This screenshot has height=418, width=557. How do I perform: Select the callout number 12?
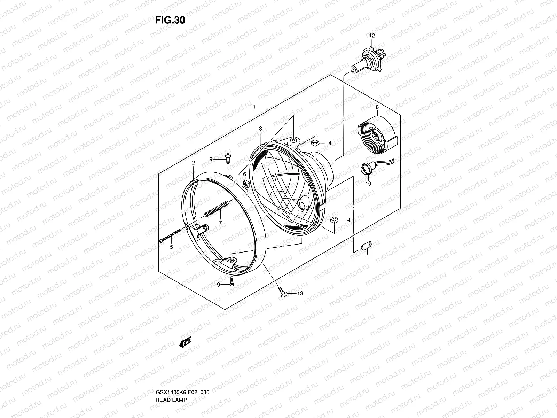click(x=372, y=36)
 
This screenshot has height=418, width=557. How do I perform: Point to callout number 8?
click(x=377, y=107)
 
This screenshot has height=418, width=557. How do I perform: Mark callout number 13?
click(x=300, y=294)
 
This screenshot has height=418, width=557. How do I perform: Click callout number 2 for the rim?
click(x=193, y=163)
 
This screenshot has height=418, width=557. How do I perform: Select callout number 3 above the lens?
click(x=260, y=129)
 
